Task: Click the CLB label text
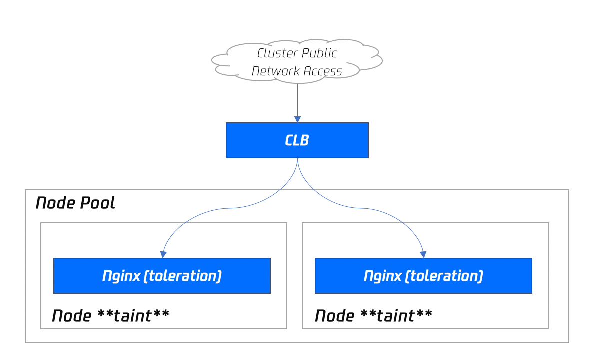coord(297,140)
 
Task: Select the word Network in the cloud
coord(276,71)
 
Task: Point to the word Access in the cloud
coord(323,71)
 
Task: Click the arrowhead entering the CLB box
coord(297,119)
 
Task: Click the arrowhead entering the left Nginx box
coord(163,254)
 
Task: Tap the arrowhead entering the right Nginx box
coord(423,254)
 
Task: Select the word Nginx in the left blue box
coord(121,276)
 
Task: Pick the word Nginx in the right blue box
coord(383,276)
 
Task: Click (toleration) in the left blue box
coord(183,276)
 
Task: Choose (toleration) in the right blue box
coord(444,276)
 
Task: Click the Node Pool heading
coord(75,203)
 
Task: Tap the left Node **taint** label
coord(110,316)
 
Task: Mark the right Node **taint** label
coord(374,316)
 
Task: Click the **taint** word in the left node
coord(133,315)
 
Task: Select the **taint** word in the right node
coord(396,315)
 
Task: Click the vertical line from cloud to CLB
coord(297,100)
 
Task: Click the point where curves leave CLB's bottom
coord(297,158)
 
